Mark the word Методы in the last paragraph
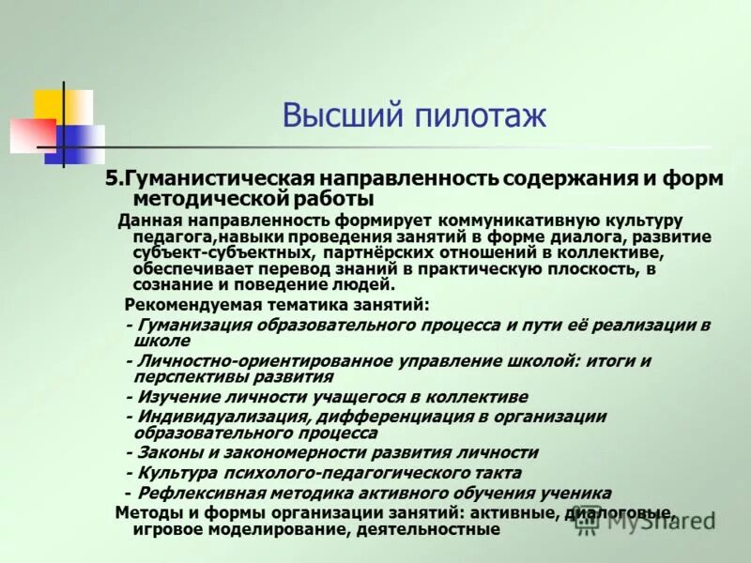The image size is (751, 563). pyautogui.click(x=146, y=512)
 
